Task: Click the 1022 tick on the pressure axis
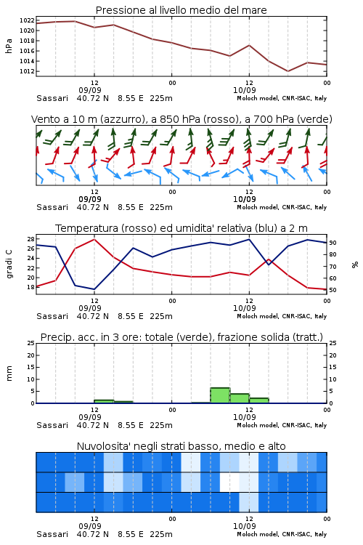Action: (27, 20)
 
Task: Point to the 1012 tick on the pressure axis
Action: (27, 71)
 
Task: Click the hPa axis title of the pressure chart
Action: (9, 46)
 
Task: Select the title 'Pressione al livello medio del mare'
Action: (181, 10)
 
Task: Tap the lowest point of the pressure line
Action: (287, 71)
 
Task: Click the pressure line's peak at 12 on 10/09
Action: (249, 45)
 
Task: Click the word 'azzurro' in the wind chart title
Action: (122, 119)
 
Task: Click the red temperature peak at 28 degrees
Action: (94, 239)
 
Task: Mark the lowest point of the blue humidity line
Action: (94, 289)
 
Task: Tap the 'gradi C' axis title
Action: (9, 264)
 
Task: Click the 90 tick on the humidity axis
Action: (333, 243)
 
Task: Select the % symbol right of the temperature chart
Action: (355, 265)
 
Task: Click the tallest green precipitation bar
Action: (220, 395)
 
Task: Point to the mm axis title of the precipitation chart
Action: (9, 373)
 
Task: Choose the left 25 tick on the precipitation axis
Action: (31, 343)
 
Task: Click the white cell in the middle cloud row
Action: (229, 482)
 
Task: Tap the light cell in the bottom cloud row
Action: (249, 502)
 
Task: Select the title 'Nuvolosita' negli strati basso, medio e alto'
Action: (181, 446)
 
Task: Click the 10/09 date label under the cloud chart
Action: (245, 526)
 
